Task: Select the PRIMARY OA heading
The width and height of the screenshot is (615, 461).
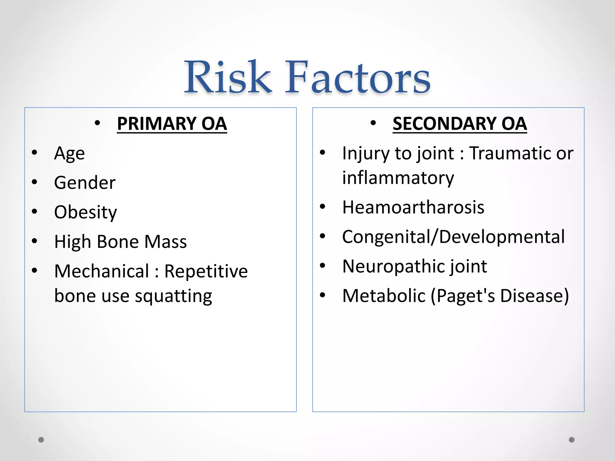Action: point(172,124)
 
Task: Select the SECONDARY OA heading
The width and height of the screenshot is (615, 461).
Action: point(459,124)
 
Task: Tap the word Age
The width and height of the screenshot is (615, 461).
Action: point(69,154)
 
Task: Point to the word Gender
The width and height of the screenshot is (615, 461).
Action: point(85,182)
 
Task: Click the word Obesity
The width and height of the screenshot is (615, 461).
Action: point(85,212)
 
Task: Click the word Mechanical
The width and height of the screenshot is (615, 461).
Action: point(101,271)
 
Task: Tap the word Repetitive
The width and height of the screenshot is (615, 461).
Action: point(206,271)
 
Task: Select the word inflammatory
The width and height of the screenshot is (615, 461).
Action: point(398,178)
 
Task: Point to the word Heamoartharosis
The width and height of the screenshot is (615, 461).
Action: point(413,207)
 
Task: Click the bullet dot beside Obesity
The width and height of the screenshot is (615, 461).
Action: point(35,211)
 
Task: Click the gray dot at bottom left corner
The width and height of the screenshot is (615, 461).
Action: point(41,440)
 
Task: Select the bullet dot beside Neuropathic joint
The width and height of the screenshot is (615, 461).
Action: point(323,265)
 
